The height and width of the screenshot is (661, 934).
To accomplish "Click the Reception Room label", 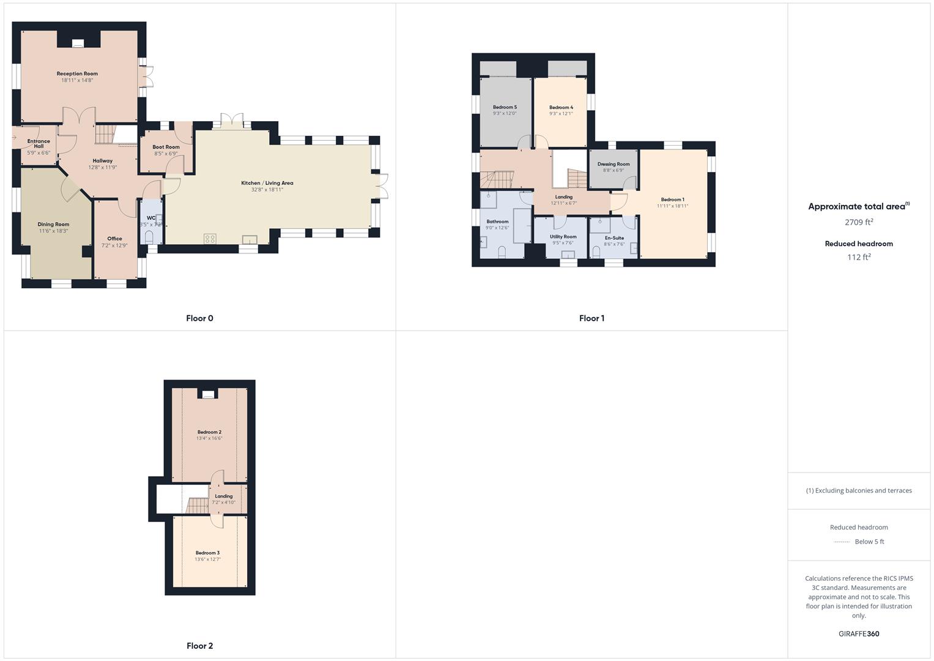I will point(77,73).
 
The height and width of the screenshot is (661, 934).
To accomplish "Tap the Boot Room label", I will point(166,147).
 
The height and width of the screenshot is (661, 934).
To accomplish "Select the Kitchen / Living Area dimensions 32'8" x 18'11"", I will point(267,190).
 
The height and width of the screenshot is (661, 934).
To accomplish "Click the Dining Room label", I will point(53,224).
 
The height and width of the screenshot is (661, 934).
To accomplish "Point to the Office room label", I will point(114,239).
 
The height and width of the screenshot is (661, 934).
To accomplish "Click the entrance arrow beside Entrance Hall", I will point(14,138).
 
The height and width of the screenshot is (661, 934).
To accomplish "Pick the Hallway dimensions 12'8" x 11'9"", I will point(102,167).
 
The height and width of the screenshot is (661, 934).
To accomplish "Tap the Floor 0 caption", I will point(199,318).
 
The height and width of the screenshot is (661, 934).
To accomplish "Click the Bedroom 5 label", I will point(505,107).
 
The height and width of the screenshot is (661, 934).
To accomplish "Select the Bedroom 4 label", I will point(561,107).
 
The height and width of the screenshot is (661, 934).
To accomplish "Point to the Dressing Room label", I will point(613,164).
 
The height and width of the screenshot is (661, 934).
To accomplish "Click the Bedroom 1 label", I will point(672,200).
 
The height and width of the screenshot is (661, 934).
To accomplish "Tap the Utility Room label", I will point(563,236).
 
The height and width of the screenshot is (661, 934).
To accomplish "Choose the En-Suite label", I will point(614,237).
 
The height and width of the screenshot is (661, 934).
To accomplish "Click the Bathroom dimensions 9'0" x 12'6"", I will point(497,228).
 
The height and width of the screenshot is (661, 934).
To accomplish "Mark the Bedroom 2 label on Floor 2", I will point(209,432).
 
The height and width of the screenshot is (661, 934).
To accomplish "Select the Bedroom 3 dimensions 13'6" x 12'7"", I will point(207,559).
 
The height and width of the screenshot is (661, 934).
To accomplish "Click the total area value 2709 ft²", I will point(859,222).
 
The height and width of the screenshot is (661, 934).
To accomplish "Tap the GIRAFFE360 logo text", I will point(859,633).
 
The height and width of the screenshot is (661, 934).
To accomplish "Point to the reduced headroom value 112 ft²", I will point(859,257).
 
